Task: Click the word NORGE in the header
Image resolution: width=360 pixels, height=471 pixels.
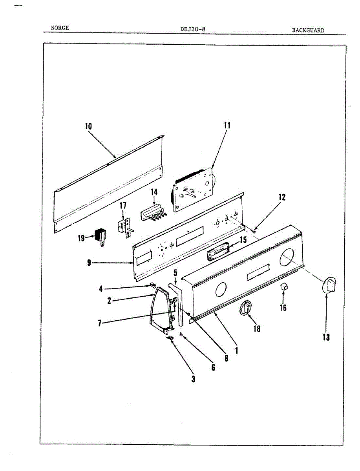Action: pos(60,28)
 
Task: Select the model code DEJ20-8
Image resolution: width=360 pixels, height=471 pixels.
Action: pos(192,29)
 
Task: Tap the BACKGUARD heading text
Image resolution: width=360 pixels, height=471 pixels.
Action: pos(308,30)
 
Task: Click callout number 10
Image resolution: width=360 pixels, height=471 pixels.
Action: pos(88,126)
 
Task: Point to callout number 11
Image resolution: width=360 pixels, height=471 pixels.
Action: pos(227,126)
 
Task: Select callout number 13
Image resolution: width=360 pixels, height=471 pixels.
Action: pos(326,337)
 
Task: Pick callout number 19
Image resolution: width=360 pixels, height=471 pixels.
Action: pos(81,238)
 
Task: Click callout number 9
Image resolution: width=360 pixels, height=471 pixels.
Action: pos(89,263)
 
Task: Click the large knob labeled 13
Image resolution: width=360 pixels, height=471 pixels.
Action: pos(329,285)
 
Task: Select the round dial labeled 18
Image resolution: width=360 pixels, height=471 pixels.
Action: pos(245,308)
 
